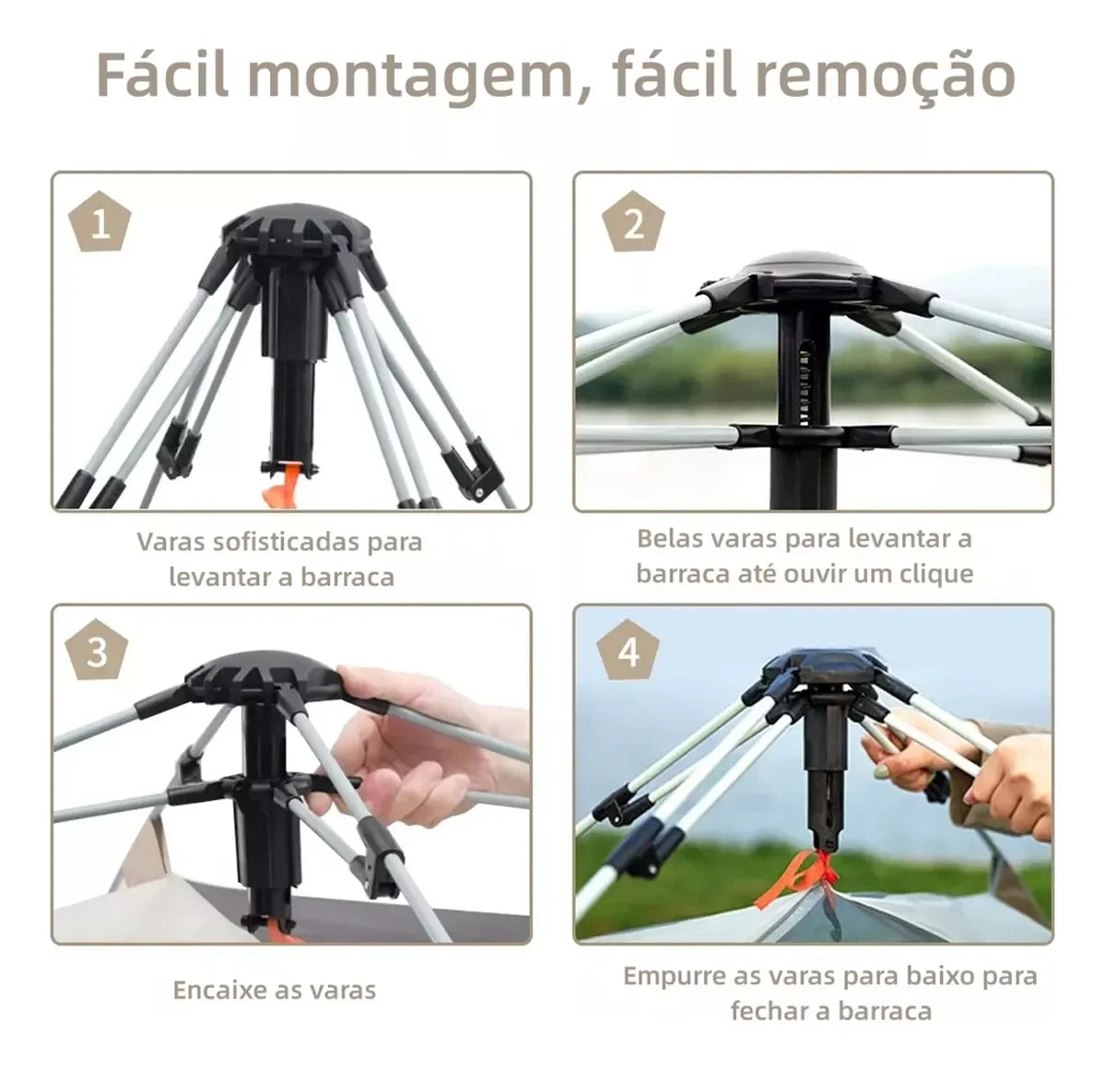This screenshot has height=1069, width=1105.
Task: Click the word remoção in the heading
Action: click(886, 76)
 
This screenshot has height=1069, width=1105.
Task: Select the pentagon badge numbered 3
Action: click(98, 653)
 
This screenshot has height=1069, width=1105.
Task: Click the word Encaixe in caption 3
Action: click(219, 991)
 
